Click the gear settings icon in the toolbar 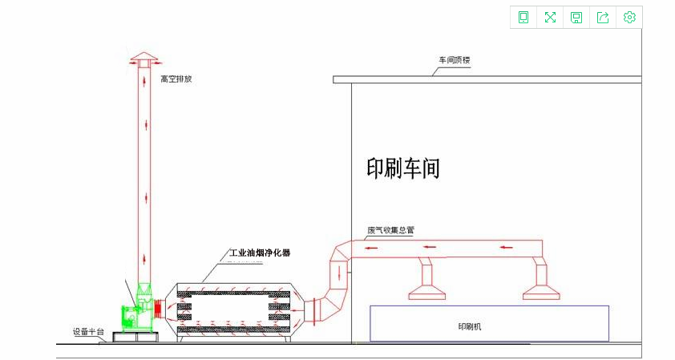629,18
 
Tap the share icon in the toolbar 603,18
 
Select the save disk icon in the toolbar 576,18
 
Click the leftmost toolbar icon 523,18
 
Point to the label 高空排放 176,79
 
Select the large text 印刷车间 403,168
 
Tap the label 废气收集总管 390,230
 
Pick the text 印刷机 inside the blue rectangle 469,326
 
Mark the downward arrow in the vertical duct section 342,271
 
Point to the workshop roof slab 487,79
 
